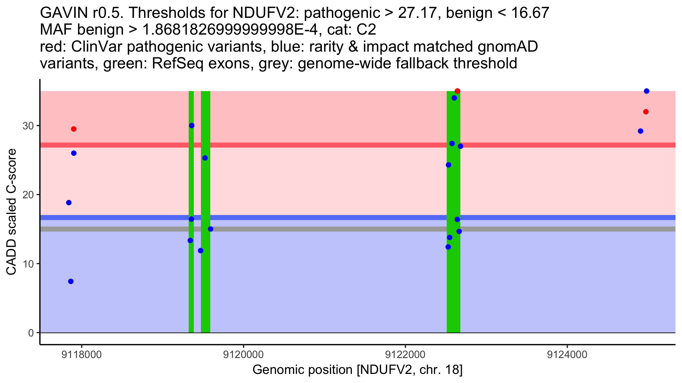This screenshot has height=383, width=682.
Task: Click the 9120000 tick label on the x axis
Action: click(243, 355)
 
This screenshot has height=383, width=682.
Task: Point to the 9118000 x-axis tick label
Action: click(82, 355)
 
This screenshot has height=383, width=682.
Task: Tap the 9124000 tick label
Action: click(567, 355)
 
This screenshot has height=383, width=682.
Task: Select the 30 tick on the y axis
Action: click(28, 126)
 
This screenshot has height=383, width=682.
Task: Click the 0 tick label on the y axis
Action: click(31, 333)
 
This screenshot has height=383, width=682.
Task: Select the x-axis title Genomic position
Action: click(357, 370)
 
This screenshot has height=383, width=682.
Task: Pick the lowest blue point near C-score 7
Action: click(71, 281)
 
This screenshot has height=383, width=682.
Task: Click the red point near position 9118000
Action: click(74, 129)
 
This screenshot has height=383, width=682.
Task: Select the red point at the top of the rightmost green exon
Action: click(457, 91)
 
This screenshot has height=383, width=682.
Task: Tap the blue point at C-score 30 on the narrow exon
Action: click(192, 126)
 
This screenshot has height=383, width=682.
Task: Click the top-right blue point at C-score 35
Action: click(646, 91)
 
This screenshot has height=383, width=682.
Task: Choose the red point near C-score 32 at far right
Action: click(646, 112)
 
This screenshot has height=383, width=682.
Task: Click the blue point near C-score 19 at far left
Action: click(69, 203)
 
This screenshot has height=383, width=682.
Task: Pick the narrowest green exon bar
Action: click(191, 284)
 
